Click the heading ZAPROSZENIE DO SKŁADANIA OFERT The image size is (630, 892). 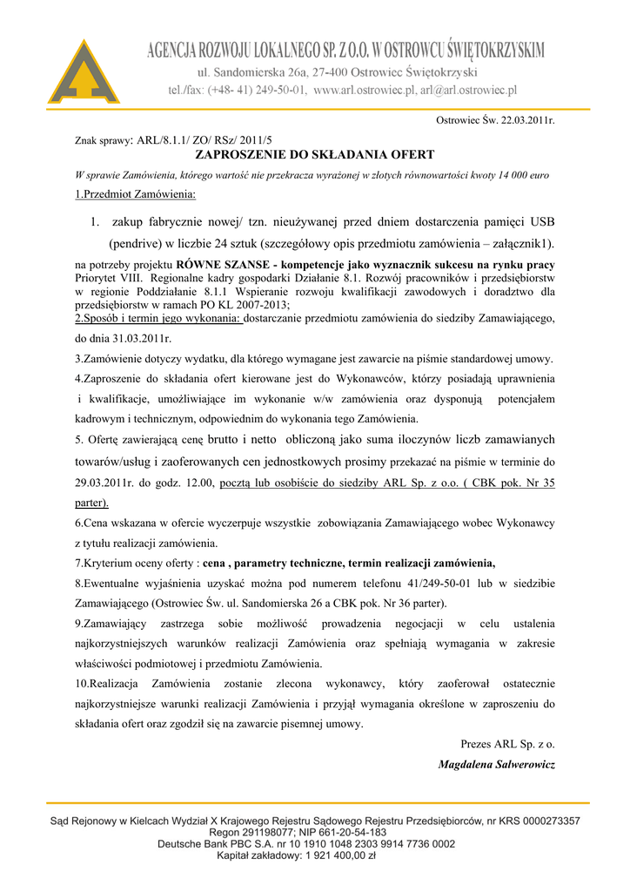pos(314,155)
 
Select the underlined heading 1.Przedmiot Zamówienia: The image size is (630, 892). pos(135,193)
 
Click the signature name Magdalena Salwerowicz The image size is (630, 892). pos(497,764)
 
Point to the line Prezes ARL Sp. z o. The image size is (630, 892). pos(507,744)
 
